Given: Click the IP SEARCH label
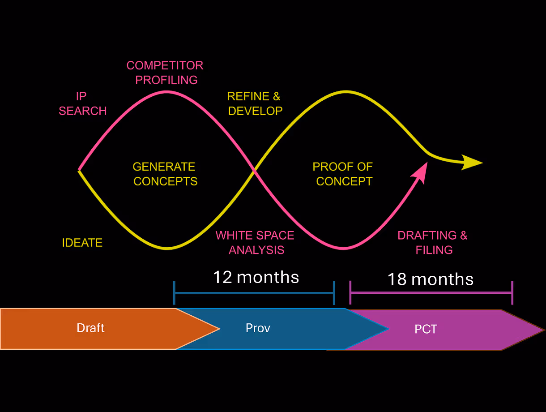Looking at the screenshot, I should (x=83, y=103).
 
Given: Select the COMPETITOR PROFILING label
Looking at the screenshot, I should (x=165, y=73).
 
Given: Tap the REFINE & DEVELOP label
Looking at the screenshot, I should (x=255, y=103).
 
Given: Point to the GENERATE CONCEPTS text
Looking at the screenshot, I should (x=165, y=174).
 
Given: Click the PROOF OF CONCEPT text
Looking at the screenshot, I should (x=343, y=174).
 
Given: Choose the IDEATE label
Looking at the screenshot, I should (x=82, y=243).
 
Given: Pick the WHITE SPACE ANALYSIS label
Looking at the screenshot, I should (x=256, y=243).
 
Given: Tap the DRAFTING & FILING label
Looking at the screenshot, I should (x=433, y=243).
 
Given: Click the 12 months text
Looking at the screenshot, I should (x=256, y=277).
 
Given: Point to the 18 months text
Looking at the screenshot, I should (x=430, y=279).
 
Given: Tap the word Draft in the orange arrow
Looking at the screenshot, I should (x=90, y=328).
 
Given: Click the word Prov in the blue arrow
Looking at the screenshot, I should (x=258, y=328).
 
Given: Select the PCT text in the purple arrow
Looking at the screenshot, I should (x=426, y=330).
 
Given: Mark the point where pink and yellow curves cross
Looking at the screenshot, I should (x=254, y=171).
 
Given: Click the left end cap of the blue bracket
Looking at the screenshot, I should (x=175, y=293).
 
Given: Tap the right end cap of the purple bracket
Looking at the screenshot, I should (x=512, y=292).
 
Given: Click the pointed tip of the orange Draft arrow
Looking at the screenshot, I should (x=219, y=329).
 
